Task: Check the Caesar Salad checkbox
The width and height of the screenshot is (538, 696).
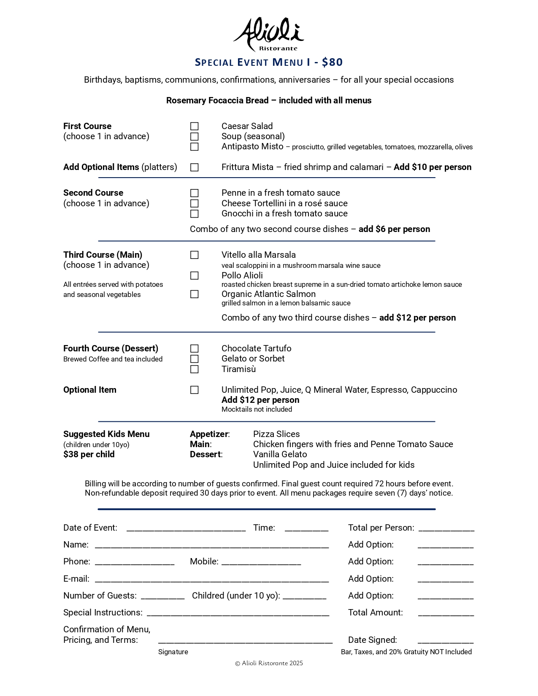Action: [x=194, y=126]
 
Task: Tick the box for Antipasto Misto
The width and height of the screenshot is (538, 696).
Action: [x=194, y=147]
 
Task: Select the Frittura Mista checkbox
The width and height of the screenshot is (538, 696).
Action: [x=194, y=167]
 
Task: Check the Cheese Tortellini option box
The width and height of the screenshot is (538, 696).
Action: [x=194, y=203]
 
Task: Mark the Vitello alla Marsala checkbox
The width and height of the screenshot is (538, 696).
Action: [x=194, y=255]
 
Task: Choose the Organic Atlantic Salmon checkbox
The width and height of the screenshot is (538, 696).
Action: [x=194, y=294]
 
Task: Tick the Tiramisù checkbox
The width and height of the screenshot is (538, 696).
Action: [x=194, y=369]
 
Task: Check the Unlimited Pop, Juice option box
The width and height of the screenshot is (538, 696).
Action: [x=194, y=390]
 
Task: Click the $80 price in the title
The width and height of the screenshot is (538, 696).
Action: [x=332, y=62]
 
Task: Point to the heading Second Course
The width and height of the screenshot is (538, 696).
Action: [x=93, y=193]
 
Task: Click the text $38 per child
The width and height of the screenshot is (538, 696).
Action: [x=89, y=454]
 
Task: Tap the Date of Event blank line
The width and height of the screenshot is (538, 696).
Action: [x=186, y=528]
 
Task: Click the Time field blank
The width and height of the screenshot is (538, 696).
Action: [x=306, y=528]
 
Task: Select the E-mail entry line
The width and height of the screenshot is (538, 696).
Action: [x=211, y=579]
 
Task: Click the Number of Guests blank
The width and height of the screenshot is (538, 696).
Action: [x=162, y=596]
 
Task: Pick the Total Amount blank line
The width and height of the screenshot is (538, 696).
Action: [x=446, y=613]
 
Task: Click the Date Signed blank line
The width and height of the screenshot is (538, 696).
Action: [x=446, y=640]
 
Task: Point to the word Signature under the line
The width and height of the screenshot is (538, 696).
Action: [x=173, y=652]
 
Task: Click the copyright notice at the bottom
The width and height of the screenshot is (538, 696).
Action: [x=269, y=663]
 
